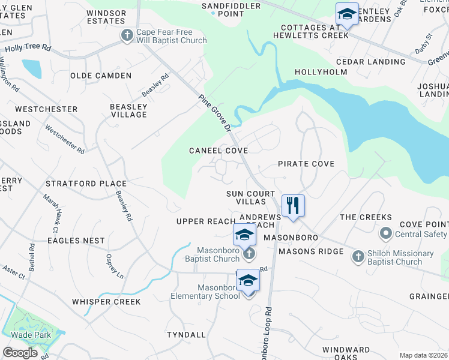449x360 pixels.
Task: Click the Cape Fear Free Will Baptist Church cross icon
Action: point(127,35)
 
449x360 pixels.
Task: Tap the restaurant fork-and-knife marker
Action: point(293,205)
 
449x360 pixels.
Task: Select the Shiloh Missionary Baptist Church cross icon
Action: point(357,256)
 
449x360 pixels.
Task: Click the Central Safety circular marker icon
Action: point(385,233)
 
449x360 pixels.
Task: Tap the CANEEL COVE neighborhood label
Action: point(218,150)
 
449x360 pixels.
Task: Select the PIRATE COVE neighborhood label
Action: point(306,163)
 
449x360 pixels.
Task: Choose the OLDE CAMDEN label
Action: point(101,76)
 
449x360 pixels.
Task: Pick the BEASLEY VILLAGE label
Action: point(128,110)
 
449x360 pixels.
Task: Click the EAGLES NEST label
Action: point(77,241)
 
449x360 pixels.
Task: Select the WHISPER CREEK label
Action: point(106,302)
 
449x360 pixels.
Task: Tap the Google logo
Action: point(20,353)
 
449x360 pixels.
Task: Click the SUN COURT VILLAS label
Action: point(250,198)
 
